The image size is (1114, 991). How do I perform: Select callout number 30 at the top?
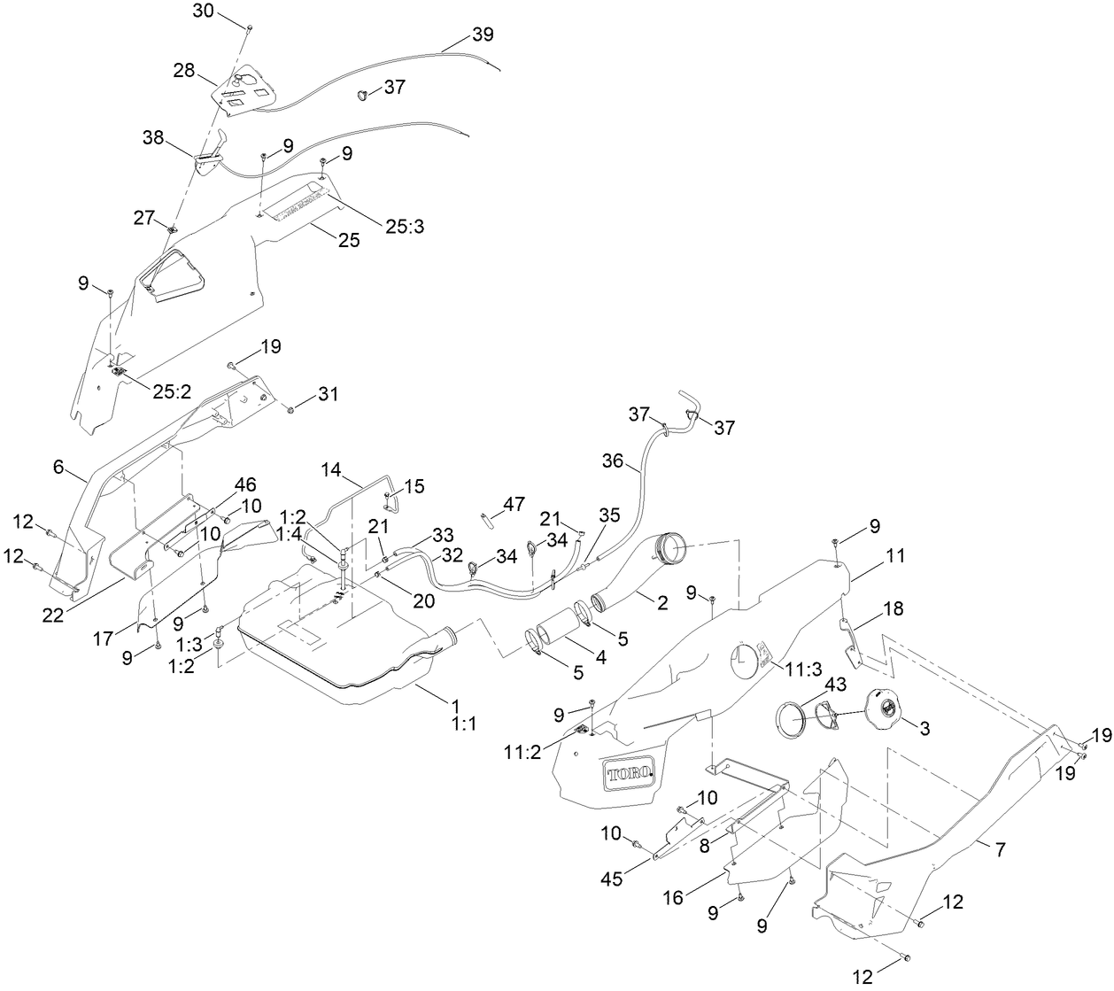(204, 11)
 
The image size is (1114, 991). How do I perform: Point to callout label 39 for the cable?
(483, 35)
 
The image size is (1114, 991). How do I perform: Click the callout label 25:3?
(405, 226)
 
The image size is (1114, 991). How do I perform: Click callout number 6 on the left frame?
(58, 466)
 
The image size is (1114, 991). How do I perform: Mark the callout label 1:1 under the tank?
(463, 724)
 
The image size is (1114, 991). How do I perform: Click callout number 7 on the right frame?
(1000, 850)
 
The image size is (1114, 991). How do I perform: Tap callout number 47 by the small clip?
(514, 504)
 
